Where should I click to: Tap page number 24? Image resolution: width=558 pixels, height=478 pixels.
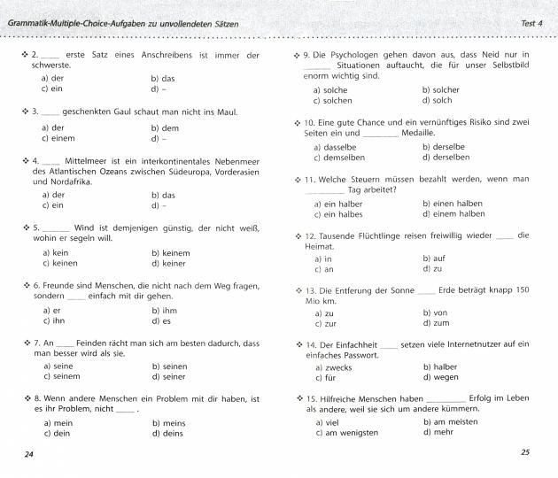click(x=29, y=454)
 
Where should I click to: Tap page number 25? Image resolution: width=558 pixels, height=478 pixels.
click(x=525, y=453)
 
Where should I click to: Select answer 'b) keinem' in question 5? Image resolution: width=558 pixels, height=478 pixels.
click(x=171, y=252)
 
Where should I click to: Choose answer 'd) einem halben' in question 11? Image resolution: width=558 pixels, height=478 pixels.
click(x=454, y=213)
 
